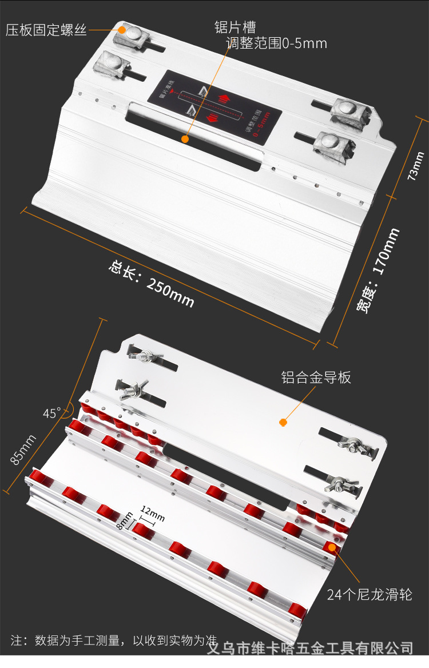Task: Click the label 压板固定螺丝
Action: (46, 30)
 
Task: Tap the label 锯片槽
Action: (235, 27)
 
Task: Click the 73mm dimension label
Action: (416, 166)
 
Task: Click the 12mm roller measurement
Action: (152, 514)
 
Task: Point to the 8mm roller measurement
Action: (125, 521)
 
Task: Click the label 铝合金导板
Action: (316, 377)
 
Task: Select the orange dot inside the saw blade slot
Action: (185, 138)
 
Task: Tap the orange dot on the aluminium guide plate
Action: (283, 423)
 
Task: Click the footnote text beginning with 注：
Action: (114, 639)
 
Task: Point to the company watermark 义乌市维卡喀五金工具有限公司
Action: (309, 649)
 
